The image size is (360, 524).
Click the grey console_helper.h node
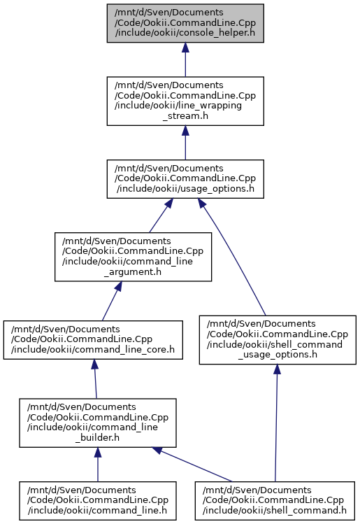pos(185,23)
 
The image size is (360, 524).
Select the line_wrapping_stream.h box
pos(185,101)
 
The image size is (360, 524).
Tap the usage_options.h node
pos(185,179)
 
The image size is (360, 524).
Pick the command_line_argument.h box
pos(133,257)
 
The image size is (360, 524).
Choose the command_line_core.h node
pos(93,340)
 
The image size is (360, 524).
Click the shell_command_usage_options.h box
pos(278,340)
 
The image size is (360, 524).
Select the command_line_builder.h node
pos(97,423)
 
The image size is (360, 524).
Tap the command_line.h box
pos(97,501)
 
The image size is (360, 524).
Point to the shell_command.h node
pos(275,501)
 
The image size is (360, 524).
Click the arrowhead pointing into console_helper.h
pos(185,47)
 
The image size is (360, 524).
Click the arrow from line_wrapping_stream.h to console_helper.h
pos(185,60)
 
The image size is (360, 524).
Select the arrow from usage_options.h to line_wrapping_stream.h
pos(185,143)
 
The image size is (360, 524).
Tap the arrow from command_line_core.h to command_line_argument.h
pos(112,301)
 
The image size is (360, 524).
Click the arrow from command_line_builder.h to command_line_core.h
pos(95,379)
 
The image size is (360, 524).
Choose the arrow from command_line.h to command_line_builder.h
pos(97,465)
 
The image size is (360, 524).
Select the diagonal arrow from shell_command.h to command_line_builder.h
pos(192,465)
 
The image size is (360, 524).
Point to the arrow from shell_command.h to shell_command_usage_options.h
pos(276,423)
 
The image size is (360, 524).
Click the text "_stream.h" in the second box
pos(185,116)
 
